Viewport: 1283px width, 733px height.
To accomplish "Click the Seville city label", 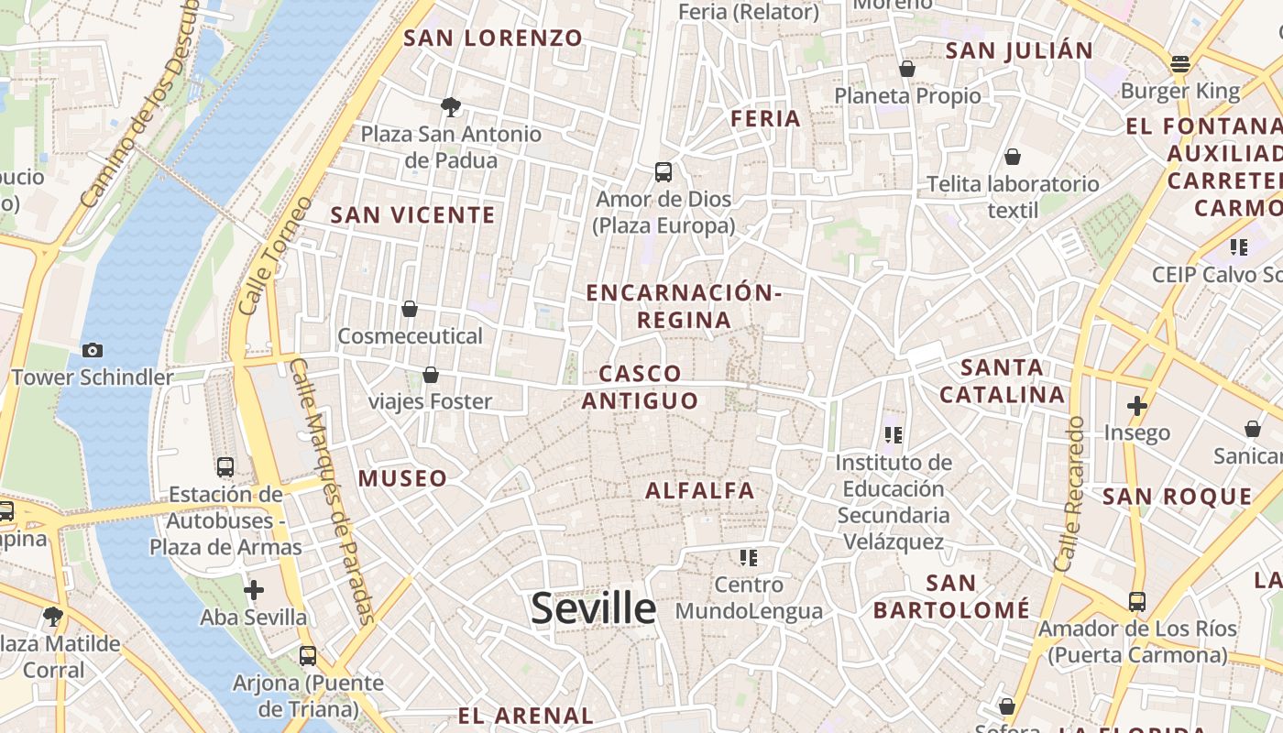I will point(593,608).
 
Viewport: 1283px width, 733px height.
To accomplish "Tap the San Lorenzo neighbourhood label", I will point(493,38).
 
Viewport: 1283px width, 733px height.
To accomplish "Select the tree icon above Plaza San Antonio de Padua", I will point(450,107).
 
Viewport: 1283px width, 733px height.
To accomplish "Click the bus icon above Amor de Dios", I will point(663,171).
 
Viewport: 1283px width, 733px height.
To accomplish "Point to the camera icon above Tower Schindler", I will point(92,350).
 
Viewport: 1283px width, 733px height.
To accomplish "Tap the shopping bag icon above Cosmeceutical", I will point(410,309).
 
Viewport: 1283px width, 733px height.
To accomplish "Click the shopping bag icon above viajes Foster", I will point(430,375).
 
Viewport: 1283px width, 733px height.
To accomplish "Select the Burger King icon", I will point(1179,64).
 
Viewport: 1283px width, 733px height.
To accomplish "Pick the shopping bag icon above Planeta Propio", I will point(907,69).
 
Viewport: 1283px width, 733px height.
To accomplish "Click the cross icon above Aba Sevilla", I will point(254,590).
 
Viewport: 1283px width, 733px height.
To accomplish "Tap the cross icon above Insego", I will point(1137,405).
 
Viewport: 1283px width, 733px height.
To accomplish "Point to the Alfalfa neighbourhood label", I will point(700,490).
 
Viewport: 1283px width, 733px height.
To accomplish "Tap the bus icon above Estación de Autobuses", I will point(225,467).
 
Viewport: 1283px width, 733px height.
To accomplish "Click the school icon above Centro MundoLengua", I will point(749,557).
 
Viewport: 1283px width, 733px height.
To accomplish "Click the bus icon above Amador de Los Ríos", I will point(1137,602).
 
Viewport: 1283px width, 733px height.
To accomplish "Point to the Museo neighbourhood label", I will point(402,477).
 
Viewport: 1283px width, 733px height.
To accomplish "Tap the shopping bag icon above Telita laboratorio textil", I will point(1013,157).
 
